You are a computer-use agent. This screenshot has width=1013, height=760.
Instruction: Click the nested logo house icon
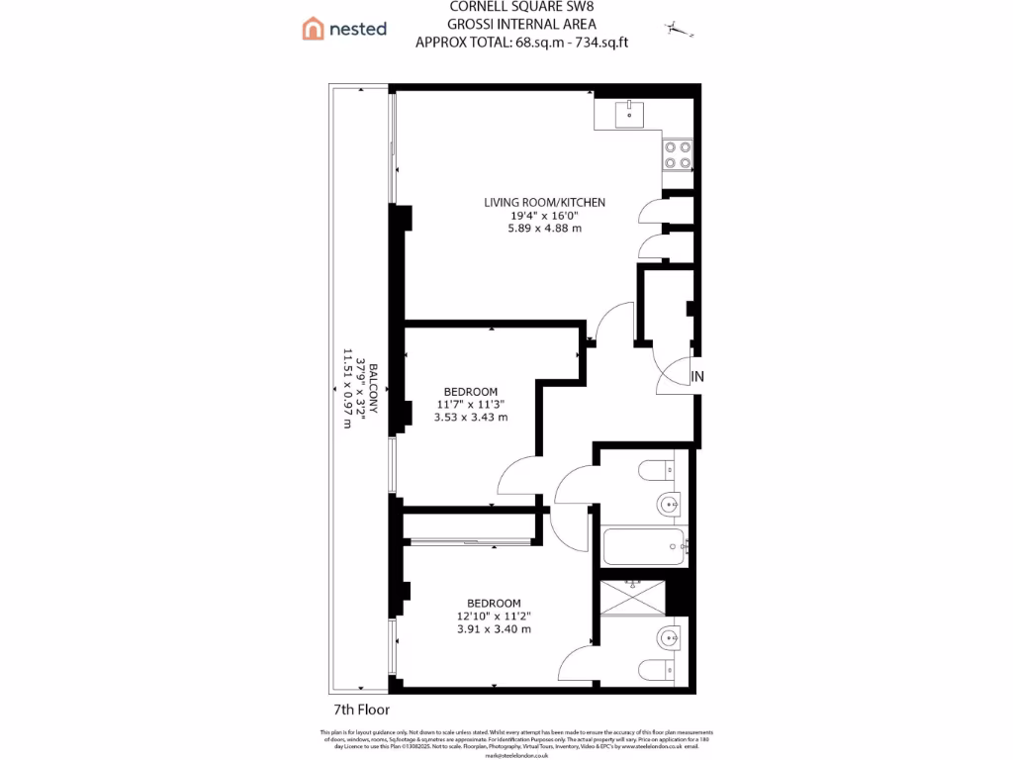[314, 29]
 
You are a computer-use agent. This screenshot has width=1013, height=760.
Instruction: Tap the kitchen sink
[628, 114]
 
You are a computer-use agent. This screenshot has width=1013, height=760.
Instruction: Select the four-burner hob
[679, 154]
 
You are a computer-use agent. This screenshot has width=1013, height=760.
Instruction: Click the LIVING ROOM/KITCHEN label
[544, 202]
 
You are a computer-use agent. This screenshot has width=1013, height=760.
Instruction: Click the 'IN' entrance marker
[697, 376]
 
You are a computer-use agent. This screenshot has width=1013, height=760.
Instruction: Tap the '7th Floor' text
[361, 710]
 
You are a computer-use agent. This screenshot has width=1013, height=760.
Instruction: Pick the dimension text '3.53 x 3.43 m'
[471, 417]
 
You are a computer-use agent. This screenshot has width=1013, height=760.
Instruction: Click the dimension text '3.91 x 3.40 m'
[494, 628]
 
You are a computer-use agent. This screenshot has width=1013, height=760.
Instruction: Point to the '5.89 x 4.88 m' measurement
[544, 228]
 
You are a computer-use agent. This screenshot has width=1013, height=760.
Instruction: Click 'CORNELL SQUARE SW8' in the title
[508, 8]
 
